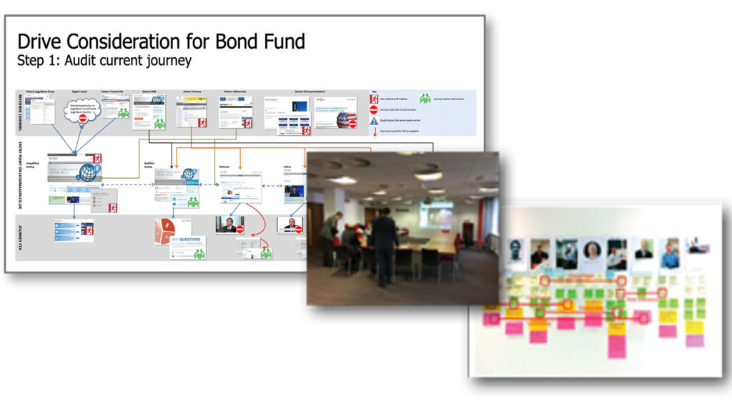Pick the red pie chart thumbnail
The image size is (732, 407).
(x=165, y=229)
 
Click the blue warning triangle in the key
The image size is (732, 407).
(x=374, y=121)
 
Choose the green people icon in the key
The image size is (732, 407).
(x=425, y=99)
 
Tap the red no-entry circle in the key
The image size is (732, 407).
(x=374, y=110)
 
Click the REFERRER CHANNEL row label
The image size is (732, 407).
(x=19, y=113)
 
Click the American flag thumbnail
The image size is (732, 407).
(x=346, y=119)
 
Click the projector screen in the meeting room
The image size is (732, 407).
(x=435, y=214)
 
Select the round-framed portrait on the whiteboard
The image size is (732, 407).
(x=592, y=250)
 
